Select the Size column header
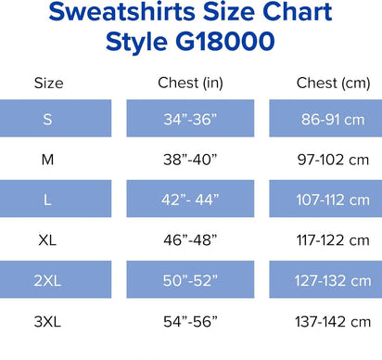point(48,84)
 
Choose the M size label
point(48,160)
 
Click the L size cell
point(48,199)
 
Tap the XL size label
point(48,239)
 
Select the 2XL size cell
point(48,280)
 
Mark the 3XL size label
point(48,321)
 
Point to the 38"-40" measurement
point(190,160)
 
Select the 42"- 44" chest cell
point(190,199)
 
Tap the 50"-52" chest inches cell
point(190,280)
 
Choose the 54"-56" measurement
point(190,321)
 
